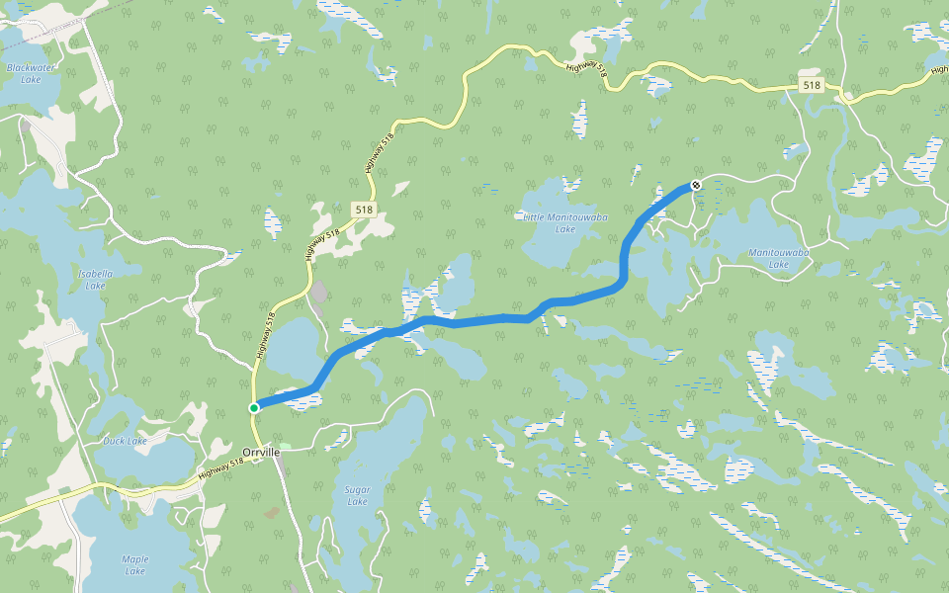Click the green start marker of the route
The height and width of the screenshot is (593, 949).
[254, 407]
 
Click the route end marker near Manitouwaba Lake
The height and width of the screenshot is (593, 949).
[696, 185]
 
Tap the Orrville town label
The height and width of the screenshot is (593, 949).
[261, 452]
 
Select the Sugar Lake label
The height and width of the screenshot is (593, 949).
[357, 495]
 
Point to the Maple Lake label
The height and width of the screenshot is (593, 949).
[135, 564]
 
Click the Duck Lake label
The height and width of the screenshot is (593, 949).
[126, 441]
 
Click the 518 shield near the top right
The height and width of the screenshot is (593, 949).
[812, 86]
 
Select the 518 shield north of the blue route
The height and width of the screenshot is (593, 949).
[364, 210]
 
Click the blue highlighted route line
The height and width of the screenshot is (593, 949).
[474, 319]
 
